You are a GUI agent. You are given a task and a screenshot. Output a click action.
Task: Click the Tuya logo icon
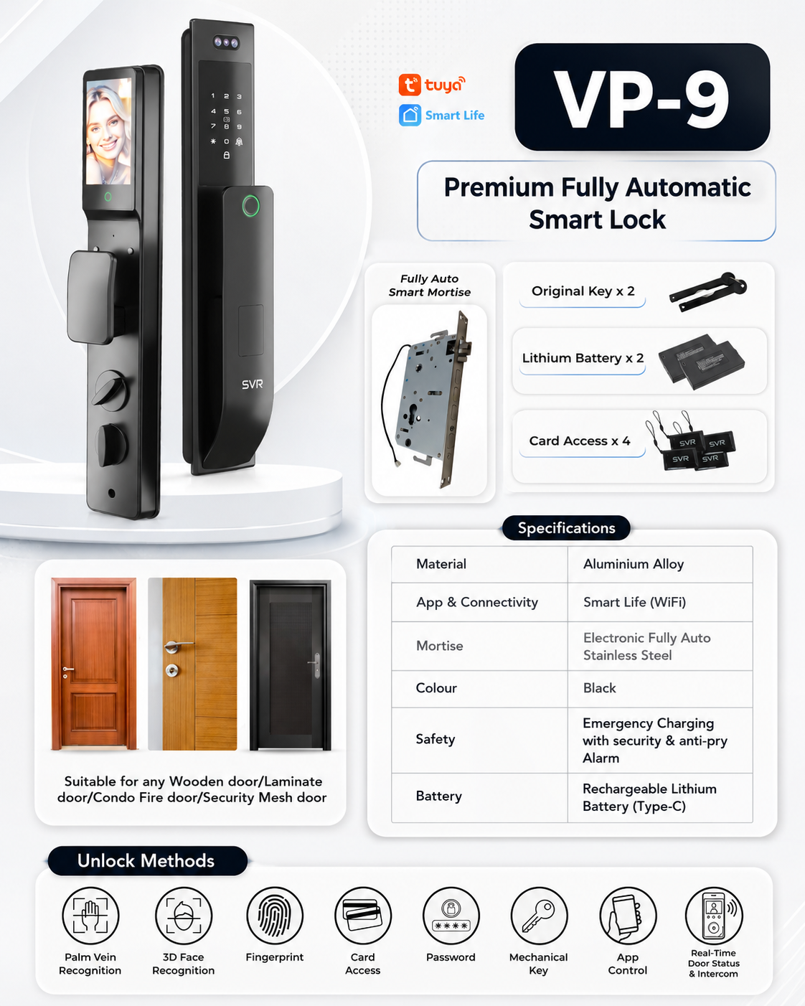(x=410, y=85)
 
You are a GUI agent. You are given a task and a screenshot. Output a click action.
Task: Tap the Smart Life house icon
(x=410, y=115)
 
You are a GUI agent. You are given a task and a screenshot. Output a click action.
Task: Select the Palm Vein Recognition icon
(x=90, y=916)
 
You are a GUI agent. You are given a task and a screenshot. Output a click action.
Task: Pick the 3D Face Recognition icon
(x=183, y=916)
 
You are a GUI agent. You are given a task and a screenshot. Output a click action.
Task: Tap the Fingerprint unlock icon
(x=275, y=916)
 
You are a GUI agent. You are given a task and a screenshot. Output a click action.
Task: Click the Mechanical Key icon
(x=539, y=916)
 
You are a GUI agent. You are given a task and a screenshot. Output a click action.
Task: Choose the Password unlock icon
(x=451, y=916)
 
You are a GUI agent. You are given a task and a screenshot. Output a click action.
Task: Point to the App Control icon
(x=628, y=916)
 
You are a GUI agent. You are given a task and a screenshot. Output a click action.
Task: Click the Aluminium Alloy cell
(x=659, y=564)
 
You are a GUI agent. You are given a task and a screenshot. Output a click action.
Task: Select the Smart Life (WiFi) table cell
(x=659, y=602)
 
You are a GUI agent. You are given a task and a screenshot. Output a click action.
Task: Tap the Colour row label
(x=436, y=688)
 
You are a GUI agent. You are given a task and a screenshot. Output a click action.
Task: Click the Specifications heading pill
(x=566, y=528)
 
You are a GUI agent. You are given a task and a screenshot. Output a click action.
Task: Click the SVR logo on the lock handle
(x=252, y=385)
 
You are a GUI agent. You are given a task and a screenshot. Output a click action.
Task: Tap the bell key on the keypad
(x=239, y=141)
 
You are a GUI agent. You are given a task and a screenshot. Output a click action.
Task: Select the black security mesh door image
(x=291, y=664)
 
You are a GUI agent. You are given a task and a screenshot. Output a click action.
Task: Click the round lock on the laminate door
(x=172, y=670)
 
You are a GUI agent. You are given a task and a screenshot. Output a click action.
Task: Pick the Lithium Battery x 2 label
(x=583, y=358)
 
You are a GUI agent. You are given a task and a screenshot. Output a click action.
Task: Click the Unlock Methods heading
(x=146, y=860)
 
